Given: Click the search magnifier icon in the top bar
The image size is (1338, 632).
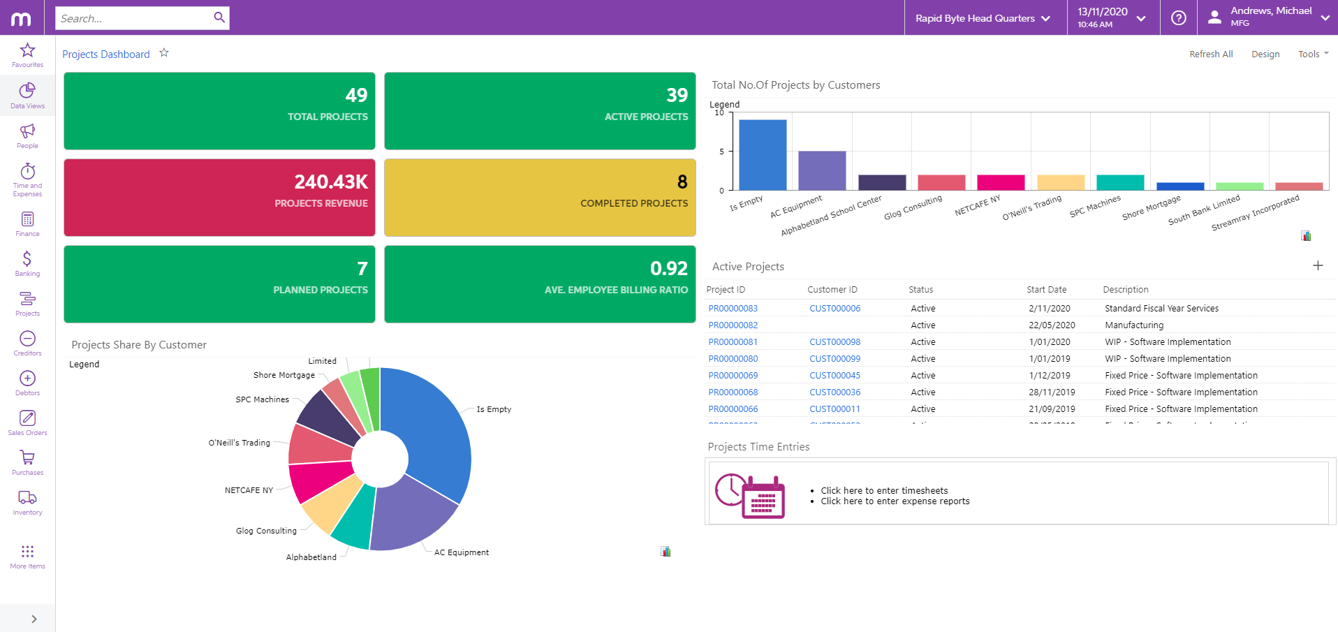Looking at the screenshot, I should click(x=219, y=17).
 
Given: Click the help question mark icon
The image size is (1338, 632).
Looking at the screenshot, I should click(x=1179, y=18).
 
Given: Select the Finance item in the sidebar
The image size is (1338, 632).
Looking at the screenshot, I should click(x=27, y=224).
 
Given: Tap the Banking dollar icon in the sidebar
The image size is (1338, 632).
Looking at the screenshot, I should click(x=27, y=260).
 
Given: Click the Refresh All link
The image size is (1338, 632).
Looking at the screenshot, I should click(x=1211, y=54).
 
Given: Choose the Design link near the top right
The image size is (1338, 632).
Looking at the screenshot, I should click(x=1265, y=54).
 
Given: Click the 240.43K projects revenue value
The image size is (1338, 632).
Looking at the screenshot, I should click(x=331, y=182).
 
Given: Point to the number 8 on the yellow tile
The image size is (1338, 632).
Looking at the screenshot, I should click(x=682, y=182).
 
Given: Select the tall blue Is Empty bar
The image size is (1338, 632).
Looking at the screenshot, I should click(x=763, y=154).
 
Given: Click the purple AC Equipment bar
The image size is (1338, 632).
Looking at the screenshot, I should click(x=822, y=170).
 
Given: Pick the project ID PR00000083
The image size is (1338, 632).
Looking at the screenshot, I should click(x=733, y=309).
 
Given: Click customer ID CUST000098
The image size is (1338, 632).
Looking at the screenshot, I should click(x=835, y=342).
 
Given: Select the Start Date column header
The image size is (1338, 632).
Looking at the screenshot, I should click(x=1046, y=290).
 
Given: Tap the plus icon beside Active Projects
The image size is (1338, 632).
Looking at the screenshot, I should click(x=1318, y=265).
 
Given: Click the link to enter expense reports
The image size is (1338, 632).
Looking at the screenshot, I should click(x=895, y=501).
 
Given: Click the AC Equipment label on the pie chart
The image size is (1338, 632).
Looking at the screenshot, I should click(x=461, y=552).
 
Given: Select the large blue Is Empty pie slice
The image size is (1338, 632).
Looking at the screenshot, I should click(x=433, y=426).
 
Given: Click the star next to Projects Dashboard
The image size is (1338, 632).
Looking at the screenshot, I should click(x=164, y=53).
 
